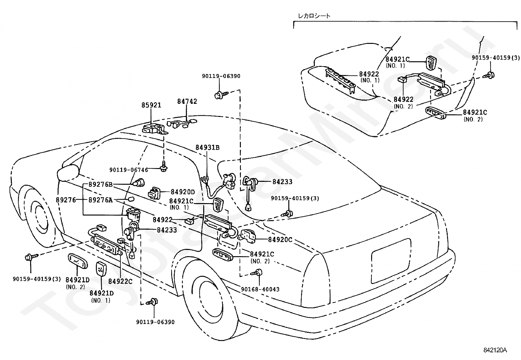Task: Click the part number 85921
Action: click(151, 105)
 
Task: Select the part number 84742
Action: click(187, 101)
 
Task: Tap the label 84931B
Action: click(207, 147)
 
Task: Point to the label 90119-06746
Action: click(129, 170)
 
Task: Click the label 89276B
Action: click(100, 185)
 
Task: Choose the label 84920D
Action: click(183, 192)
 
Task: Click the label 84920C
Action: click(280, 239)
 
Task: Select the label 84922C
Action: click(120, 281)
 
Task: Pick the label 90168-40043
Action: click(260, 289)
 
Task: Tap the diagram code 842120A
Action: click(495, 350)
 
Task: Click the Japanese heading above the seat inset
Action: click(314, 16)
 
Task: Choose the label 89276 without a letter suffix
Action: click(65, 200)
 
